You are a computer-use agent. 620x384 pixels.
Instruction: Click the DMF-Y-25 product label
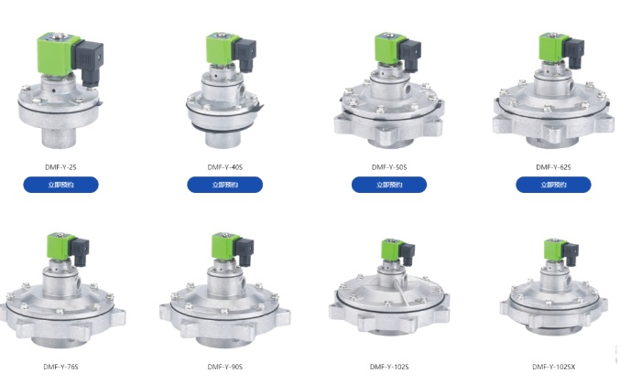click(x=60, y=167)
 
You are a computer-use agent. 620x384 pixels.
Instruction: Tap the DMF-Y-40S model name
click(x=225, y=167)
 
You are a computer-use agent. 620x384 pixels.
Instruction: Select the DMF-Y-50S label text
click(x=389, y=167)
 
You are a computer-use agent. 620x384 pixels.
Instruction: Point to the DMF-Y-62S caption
click(x=553, y=167)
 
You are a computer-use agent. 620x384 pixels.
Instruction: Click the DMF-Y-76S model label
click(x=60, y=367)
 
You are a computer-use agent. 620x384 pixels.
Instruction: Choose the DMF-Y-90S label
click(x=225, y=367)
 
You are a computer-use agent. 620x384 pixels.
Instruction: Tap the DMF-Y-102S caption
click(x=389, y=367)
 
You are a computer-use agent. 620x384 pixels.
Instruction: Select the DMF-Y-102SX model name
click(x=553, y=367)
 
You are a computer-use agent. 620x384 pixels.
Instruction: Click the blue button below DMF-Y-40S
click(x=225, y=185)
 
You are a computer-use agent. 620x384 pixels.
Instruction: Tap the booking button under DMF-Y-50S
click(x=389, y=185)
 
